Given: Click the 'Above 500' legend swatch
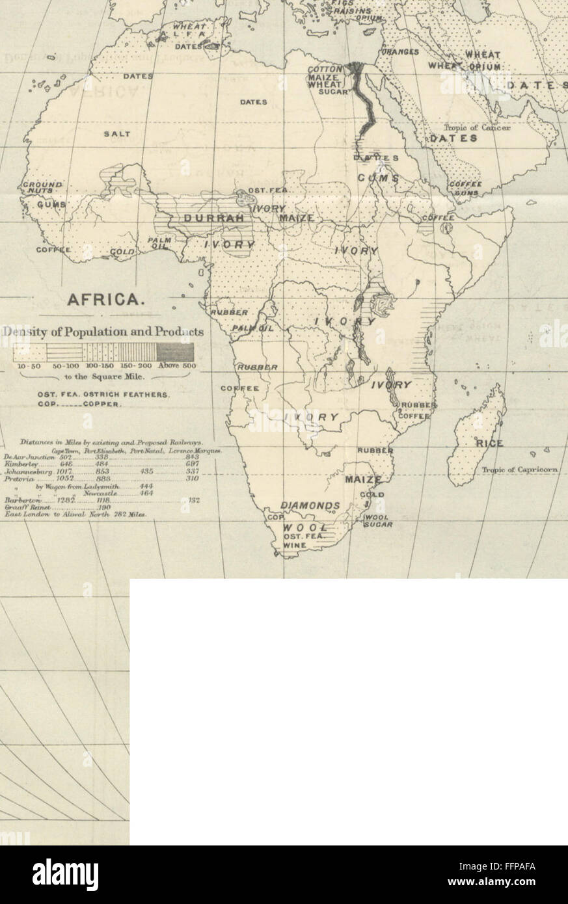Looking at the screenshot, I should pyautogui.click(x=175, y=352).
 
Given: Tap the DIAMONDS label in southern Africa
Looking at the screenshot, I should pyautogui.click(x=310, y=505).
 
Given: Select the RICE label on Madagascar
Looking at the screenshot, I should pyautogui.click(x=489, y=444).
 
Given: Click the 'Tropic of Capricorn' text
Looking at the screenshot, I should pyautogui.click(x=521, y=470).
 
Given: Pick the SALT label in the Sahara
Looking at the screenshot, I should pyautogui.click(x=117, y=134).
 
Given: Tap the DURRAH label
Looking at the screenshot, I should pyautogui.click(x=214, y=219).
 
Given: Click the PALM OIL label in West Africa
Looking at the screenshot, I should pyautogui.click(x=159, y=242).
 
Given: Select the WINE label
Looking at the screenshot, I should pyautogui.click(x=295, y=546).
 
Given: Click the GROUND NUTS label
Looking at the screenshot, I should pyautogui.click(x=43, y=189).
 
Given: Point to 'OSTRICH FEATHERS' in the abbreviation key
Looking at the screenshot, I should pyautogui.click(x=125, y=395).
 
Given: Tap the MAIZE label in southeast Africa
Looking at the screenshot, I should pyautogui.click(x=364, y=480).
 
